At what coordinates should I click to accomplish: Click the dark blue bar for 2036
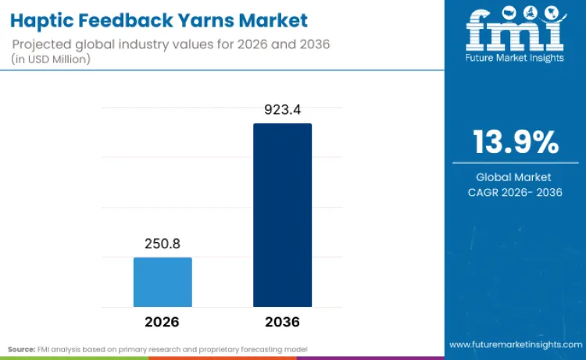tap(282, 215)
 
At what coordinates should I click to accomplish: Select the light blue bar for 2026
tap(163, 282)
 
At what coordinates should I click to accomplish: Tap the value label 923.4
tap(282, 110)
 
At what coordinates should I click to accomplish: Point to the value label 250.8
tap(163, 244)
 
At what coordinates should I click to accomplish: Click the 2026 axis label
tap(163, 322)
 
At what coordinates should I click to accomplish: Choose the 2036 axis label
tap(282, 322)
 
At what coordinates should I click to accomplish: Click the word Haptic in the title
tap(45, 20)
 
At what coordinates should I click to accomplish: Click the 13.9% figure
tap(515, 143)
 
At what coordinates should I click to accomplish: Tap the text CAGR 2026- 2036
tap(515, 192)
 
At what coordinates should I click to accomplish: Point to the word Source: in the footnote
tap(21, 348)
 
